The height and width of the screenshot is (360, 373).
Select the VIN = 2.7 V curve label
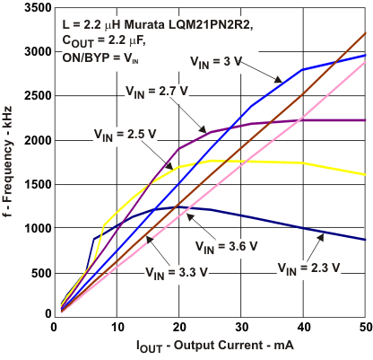[157, 91]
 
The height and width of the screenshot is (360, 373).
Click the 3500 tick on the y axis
[35, 8]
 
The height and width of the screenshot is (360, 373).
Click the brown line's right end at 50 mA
[366, 33]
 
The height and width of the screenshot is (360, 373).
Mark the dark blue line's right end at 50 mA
[366, 240]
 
